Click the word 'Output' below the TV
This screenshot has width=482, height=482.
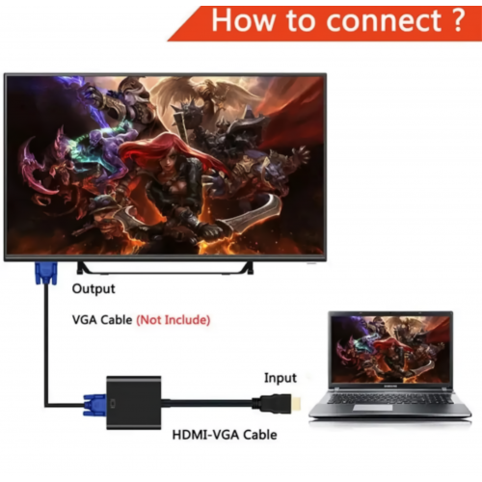tap(94, 288)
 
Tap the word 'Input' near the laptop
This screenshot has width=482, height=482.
tap(281, 378)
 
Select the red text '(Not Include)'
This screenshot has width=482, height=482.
tap(174, 320)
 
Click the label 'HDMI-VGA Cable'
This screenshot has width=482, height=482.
tap(225, 435)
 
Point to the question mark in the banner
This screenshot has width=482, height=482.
tap(459, 20)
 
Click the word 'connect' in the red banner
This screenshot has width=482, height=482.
tap(384, 21)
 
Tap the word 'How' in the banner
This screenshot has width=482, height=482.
tap(243, 20)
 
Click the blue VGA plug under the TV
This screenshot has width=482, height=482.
tap(46, 273)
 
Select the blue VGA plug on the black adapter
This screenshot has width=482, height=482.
tap(94, 406)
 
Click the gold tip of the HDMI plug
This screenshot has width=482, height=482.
tap(296, 405)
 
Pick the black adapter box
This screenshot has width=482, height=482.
tap(134, 403)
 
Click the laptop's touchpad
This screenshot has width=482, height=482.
tap(373, 408)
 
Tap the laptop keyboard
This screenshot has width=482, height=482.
tap(389, 398)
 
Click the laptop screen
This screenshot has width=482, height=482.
tap(390, 349)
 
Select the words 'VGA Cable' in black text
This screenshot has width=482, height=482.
tap(102, 320)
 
